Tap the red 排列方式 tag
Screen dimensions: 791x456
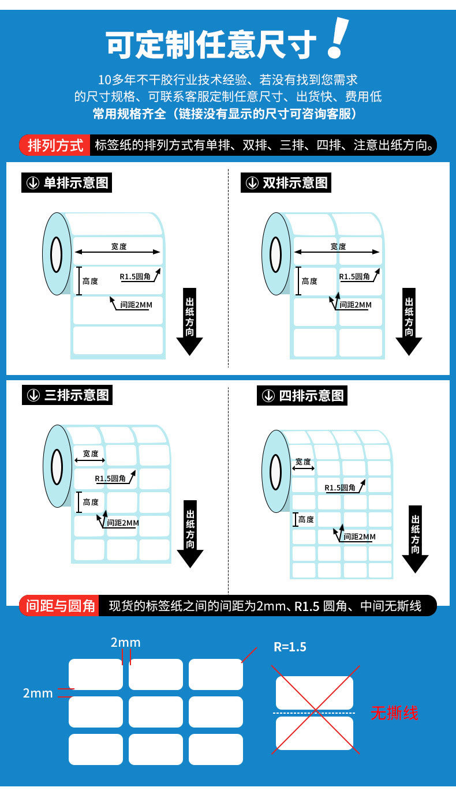pyautogui.click(x=55, y=145)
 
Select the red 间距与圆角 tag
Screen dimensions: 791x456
pyautogui.click(x=60, y=606)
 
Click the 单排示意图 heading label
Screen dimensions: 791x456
pyautogui.click(x=67, y=183)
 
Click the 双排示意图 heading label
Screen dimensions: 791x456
pyautogui.click(x=286, y=183)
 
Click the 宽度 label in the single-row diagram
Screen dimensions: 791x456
pyautogui.click(x=119, y=246)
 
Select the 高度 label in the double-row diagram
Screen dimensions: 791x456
pyautogui.click(x=309, y=281)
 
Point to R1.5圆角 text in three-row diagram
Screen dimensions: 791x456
pyautogui.click(x=110, y=478)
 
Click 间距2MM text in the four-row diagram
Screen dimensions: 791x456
pyautogui.click(x=359, y=537)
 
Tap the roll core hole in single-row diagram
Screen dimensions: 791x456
pyautogui.click(x=57, y=254)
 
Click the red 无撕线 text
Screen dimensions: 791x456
pyautogui.click(x=394, y=713)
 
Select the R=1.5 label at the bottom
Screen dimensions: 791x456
pyautogui.click(x=290, y=647)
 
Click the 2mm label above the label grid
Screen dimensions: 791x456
pyautogui.click(x=125, y=643)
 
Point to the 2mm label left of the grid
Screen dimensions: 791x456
pyautogui.click(x=38, y=693)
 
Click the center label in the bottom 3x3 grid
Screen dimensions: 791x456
pyautogui.click(x=156, y=712)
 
